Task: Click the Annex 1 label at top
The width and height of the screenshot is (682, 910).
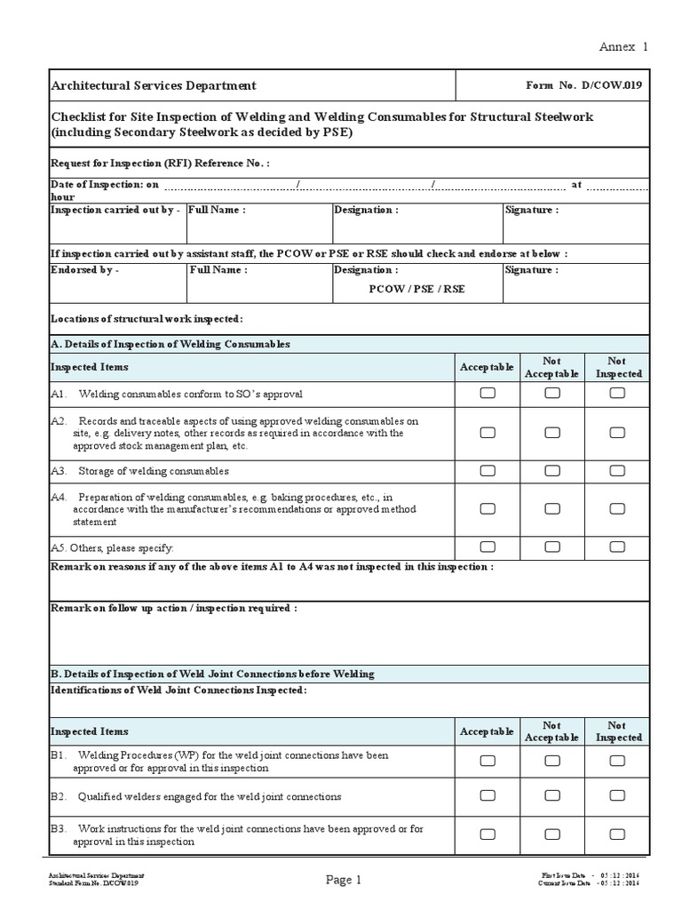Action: [623, 47]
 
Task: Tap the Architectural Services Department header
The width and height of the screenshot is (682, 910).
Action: [154, 86]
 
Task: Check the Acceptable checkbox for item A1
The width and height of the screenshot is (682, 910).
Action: [488, 394]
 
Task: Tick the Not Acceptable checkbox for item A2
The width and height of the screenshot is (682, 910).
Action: [552, 433]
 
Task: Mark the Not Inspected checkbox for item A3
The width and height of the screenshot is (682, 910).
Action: [617, 471]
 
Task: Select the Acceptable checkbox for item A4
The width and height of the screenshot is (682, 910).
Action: [488, 509]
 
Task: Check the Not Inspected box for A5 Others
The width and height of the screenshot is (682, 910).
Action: [617, 547]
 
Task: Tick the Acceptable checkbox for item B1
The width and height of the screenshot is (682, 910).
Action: [488, 761]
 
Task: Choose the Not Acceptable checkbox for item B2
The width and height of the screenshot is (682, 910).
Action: [552, 797]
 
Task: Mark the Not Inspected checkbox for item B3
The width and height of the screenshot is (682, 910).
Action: [617, 834]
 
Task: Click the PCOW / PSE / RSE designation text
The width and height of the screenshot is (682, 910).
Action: [416, 289]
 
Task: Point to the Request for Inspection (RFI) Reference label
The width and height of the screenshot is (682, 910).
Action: [160, 164]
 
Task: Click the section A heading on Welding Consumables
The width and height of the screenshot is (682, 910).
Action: [170, 344]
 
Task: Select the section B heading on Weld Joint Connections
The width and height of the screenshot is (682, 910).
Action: [212, 674]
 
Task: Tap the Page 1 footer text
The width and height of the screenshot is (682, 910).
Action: [344, 881]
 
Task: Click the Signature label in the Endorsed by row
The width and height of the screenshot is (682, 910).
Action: [531, 270]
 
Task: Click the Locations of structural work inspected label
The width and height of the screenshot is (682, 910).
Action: [147, 319]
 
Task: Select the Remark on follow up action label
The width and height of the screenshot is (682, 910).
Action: [174, 609]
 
